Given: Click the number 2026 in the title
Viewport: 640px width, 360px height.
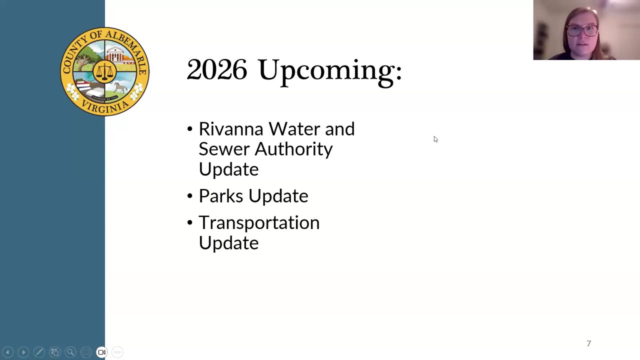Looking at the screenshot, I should (x=216, y=69).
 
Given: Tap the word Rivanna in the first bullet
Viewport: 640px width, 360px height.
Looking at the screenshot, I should (x=230, y=129).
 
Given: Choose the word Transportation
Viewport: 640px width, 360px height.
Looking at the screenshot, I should (x=259, y=223).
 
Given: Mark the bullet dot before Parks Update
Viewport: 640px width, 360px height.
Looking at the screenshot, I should (x=189, y=196).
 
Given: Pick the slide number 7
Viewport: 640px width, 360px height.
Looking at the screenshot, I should (x=588, y=343).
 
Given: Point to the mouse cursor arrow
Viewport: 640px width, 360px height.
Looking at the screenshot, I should (x=435, y=139).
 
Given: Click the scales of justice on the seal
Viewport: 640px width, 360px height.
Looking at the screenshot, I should (x=104, y=72).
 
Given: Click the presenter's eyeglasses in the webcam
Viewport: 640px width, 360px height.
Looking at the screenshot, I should (x=582, y=30).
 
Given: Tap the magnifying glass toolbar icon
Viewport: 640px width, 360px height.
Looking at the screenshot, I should (x=70, y=352).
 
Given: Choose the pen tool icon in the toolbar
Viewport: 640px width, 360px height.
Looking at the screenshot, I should (x=39, y=352).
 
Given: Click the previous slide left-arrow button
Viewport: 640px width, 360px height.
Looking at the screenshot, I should (x=7, y=352).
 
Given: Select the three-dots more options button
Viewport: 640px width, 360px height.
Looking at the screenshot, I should (x=117, y=352).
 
